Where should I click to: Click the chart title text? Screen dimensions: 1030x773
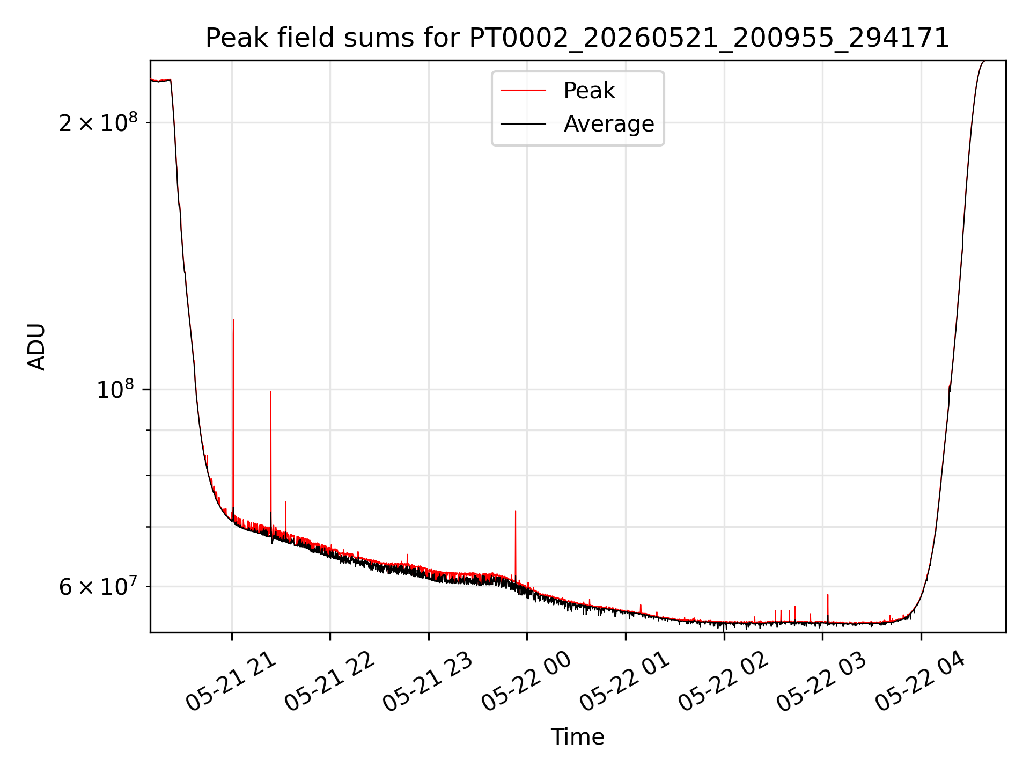pos(577,38)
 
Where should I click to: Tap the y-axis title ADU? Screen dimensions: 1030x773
pos(36,347)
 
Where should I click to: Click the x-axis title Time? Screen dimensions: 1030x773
pos(577,736)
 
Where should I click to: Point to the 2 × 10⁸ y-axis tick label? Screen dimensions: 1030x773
pos(98,123)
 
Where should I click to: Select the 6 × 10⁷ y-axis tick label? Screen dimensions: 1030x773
pos(98,586)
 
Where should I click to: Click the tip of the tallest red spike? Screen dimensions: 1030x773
pos(233,320)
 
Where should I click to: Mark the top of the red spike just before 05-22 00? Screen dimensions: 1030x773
pos(516,511)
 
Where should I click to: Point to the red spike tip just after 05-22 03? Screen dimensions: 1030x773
pos(828,595)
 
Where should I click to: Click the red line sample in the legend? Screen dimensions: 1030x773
pos(523,91)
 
